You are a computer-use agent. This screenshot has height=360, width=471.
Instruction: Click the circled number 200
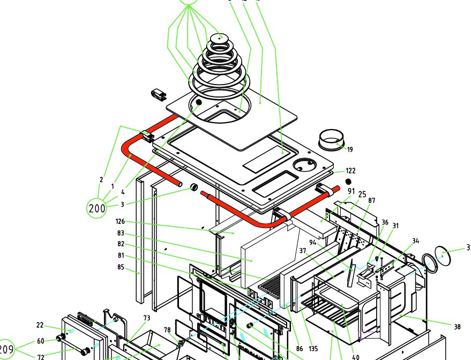point(97,208)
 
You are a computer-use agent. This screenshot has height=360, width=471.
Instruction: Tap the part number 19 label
point(350,149)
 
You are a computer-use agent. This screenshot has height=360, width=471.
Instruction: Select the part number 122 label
point(351,171)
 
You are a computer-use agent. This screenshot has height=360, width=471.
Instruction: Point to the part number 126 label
point(121,221)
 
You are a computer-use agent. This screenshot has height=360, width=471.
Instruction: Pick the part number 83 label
point(121,233)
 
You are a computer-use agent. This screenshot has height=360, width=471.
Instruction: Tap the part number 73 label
point(146,319)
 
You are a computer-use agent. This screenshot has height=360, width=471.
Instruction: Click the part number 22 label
point(40,325)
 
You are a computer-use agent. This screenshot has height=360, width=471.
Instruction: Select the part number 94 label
point(313,242)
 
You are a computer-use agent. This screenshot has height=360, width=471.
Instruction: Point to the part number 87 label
point(372,200)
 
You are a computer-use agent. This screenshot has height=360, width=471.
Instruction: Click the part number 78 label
point(167,329)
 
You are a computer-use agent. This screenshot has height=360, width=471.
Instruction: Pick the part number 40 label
point(356,357)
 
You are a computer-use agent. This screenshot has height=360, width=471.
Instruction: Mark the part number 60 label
point(40,341)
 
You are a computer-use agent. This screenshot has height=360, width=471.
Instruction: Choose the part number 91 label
point(351,191)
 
